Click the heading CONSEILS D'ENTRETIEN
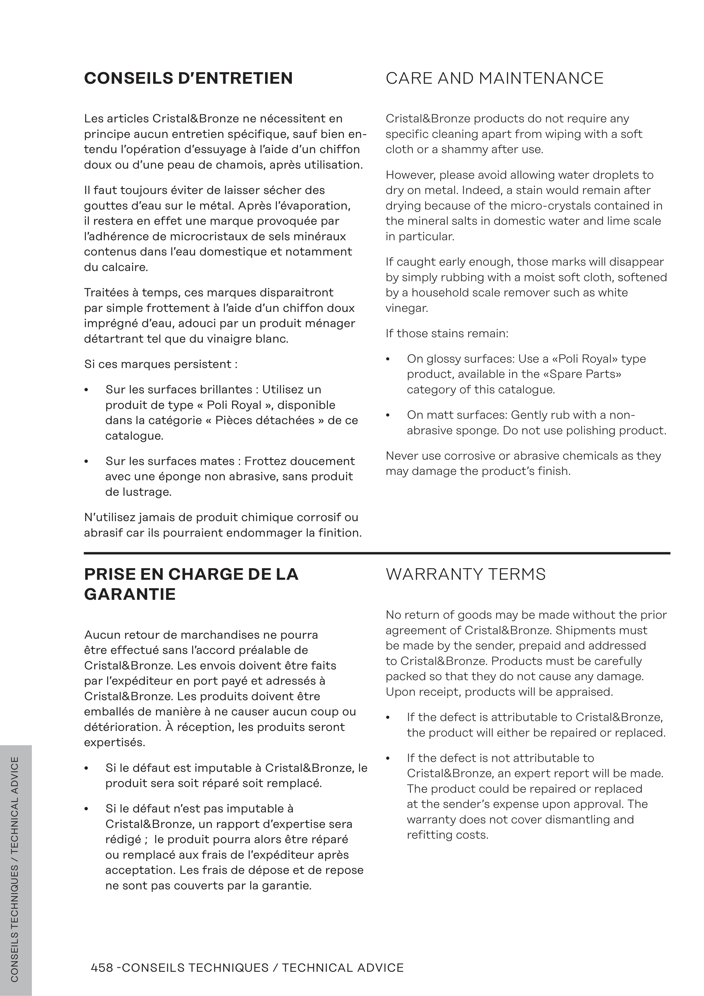pos(188,78)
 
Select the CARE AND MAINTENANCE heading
pos(494,78)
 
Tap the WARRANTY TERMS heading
pos(465,574)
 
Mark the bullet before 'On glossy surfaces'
pos(388,359)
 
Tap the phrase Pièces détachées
pos(266,420)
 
